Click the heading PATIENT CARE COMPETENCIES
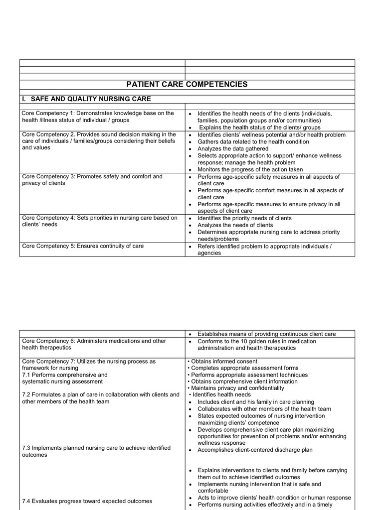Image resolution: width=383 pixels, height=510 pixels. click(x=187, y=84)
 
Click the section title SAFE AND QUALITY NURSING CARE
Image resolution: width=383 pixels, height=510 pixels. click(x=91, y=99)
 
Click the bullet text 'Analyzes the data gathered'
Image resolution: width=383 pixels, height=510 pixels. click(x=232, y=148)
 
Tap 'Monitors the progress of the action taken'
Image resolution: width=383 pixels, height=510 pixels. click(x=250, y=169)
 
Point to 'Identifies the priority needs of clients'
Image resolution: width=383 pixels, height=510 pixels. click(x=244, y=218)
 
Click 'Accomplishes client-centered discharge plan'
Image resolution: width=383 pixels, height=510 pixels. click(x=255, y=450)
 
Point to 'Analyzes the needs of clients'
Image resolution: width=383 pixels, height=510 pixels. click(x=235, y=225)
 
